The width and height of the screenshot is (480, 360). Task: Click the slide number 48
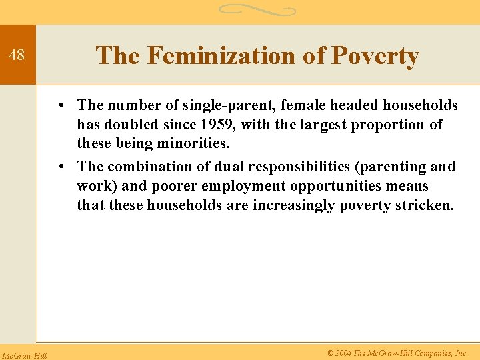pos(17,55)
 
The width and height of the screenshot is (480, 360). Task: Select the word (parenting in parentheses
pos(396,167)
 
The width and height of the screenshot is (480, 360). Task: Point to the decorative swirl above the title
pos(257,10)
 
